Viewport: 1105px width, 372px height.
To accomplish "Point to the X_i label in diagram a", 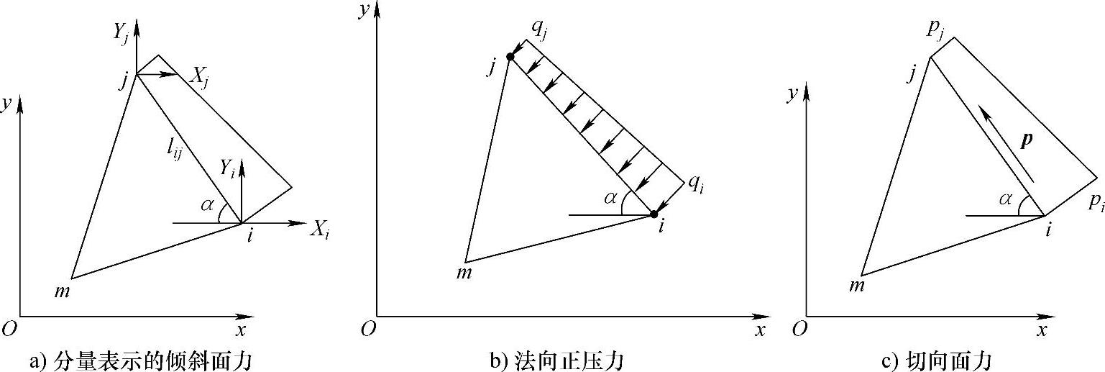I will tap(320, 229).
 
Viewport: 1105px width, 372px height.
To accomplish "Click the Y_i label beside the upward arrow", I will tap(228, 170).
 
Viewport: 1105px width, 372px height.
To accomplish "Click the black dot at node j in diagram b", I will tap(510, 57).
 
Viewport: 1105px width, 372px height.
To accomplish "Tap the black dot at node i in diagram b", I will tap(654, 214).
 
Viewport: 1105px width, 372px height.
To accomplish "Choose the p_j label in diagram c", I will tap(935, 28).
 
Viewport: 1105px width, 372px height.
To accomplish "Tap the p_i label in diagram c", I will tap(1096, 202).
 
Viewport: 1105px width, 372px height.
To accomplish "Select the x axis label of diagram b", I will tap(758, 330).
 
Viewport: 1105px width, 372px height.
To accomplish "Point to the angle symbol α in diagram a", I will tap(208, 206).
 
